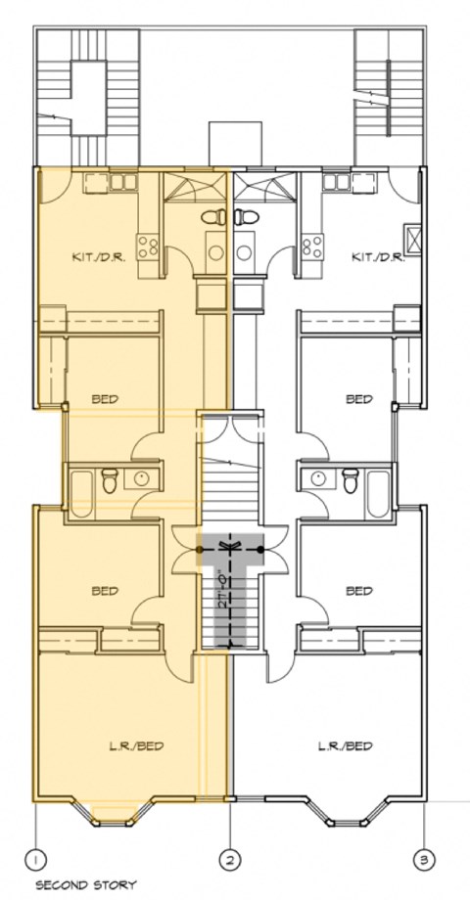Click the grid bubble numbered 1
pos(36,859)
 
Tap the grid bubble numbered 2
pos(230,859)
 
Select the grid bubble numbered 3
pos(424,859)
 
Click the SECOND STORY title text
pos(85,885)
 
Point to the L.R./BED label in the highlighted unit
pos(135,745)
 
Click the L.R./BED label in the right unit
pos(345,745)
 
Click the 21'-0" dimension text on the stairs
pos(226,592)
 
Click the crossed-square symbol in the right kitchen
pos(413,235)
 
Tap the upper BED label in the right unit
pos(359,399)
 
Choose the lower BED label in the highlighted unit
pos(104,591)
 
